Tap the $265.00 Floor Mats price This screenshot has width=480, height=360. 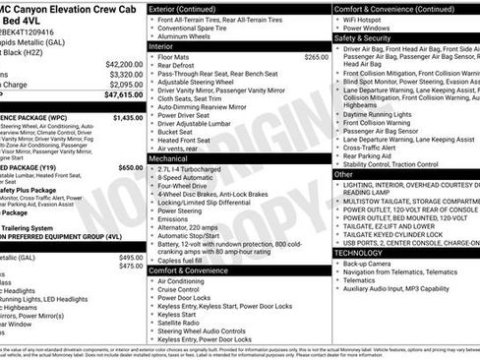pos(316,58)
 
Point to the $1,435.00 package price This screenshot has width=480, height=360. pos(128,117)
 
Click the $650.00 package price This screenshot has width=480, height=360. pos(131,168)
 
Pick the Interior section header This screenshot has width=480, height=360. pos(161,46)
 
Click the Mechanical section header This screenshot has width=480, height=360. pos(168,157)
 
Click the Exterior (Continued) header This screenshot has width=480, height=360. pos(184,7)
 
